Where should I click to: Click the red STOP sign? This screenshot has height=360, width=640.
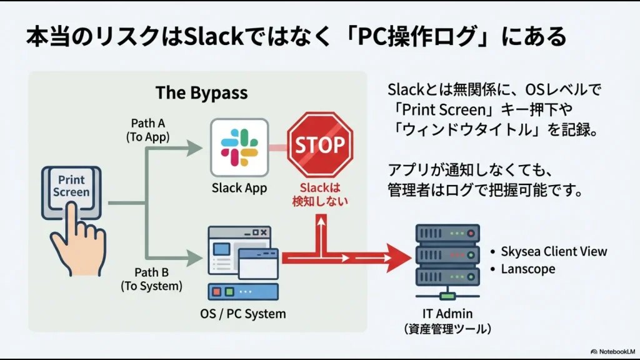(x=320, y=145)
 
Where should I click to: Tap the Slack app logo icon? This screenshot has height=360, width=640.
(x=239, y=147)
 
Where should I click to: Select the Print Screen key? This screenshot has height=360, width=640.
(x=71, y=186)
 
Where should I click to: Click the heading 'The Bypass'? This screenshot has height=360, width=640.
(x=201, y=93)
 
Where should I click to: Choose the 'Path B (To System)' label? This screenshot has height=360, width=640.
(x=152, y=279)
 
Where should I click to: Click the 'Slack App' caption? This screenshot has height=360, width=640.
(x=239, y=187)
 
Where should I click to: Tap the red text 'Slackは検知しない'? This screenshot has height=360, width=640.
(x=320, y=194)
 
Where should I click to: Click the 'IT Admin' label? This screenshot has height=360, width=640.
(x=446, y=314)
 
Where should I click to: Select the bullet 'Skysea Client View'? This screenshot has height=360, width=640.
(x=554, y=251)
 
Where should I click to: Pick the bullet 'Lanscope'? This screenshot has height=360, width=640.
(x=527, y=269)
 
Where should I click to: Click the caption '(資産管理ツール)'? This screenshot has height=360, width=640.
(x=446, y=329)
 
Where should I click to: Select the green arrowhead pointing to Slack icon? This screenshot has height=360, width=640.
(x=196, y=148)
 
